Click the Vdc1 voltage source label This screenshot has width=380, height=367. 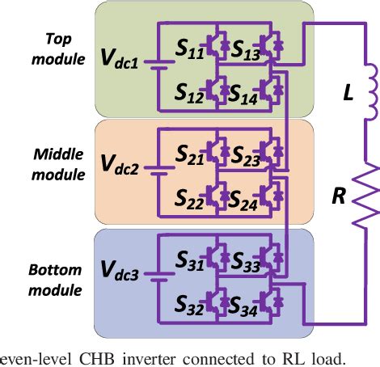(118, 59)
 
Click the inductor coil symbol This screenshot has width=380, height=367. (369, 94)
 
